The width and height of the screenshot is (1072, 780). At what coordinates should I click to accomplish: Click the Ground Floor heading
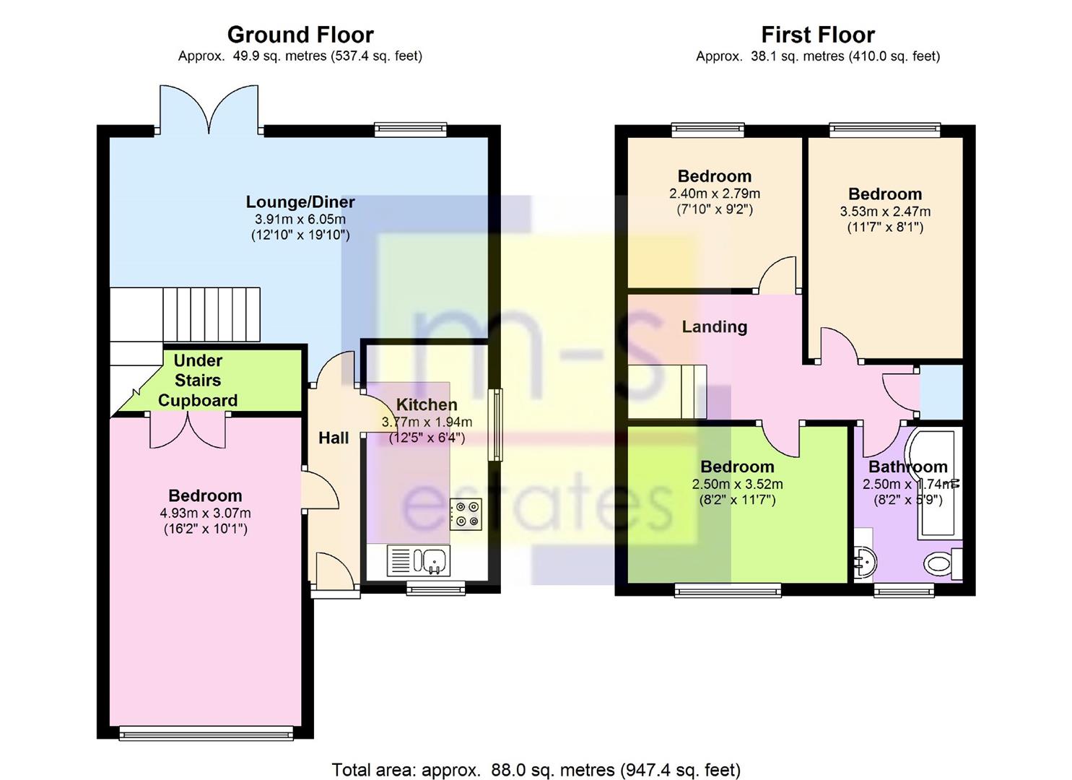pos(300,35)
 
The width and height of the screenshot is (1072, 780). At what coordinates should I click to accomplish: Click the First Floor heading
pos(818,35)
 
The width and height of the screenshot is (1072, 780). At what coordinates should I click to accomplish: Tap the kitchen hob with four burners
pos(466,515)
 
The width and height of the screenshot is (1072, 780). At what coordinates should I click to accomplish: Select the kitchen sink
pos(419,560)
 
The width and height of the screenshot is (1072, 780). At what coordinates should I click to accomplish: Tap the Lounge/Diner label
pos(300,202)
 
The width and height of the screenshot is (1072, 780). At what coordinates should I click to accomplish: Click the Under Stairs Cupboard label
pos(198,381)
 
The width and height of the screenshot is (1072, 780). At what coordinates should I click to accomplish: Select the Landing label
pos(715,327)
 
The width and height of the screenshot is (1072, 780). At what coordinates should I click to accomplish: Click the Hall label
pos(334,438)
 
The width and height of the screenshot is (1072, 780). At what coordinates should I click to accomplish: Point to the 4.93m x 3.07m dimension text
pos(205,513)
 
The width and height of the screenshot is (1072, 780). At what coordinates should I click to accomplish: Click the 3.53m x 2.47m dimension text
pos(885,212)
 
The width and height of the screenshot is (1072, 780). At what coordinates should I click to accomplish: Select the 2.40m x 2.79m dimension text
pos(715,194)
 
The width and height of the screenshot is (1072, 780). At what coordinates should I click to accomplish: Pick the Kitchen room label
pos(427,405)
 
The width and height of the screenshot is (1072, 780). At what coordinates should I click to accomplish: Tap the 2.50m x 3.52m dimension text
pos(738,484)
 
